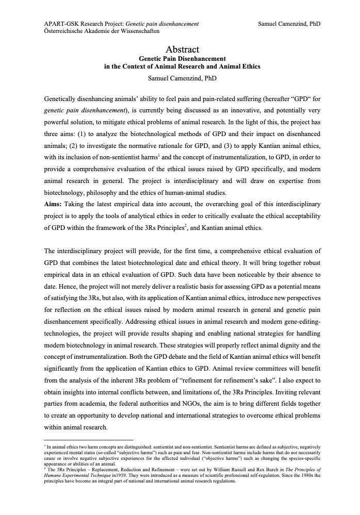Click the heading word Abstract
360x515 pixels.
point(182,49)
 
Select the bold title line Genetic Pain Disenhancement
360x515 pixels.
point(182,59)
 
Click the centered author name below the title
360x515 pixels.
point(182,78)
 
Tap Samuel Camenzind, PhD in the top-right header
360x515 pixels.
point(289,24)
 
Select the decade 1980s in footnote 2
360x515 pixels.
point(301,477)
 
